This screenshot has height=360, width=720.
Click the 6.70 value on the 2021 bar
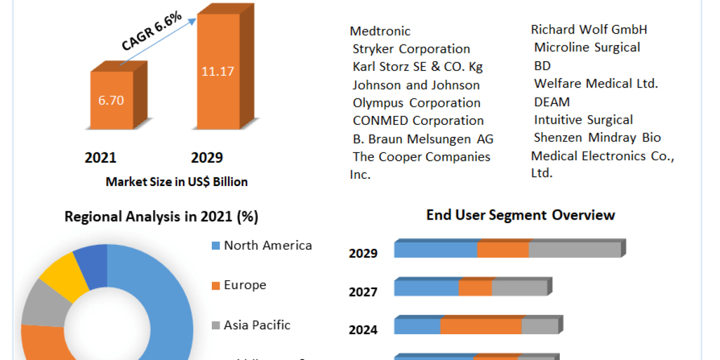[x=111, y=100]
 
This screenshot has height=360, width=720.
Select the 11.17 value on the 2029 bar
[x=217, y=71]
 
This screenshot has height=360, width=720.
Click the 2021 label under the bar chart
[x=100, y=158]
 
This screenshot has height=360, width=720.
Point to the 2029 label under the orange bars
[x=206, y=158]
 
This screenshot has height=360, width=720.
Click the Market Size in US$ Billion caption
[x=176, y=181]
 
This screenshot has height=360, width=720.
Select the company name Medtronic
[x=380, y=31]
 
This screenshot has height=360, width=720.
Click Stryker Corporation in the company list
[x=411, y=49]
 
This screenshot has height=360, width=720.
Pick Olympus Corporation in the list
[x=416, y=103]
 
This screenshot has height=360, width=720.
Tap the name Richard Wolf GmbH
[x=589, y=29]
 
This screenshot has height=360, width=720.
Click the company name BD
[x=542, y=65]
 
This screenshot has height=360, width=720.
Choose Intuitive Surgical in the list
[x=583, y=120]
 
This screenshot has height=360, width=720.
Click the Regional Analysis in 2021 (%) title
[x=161, y=217]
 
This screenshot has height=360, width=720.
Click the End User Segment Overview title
[x=520, y=215]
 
